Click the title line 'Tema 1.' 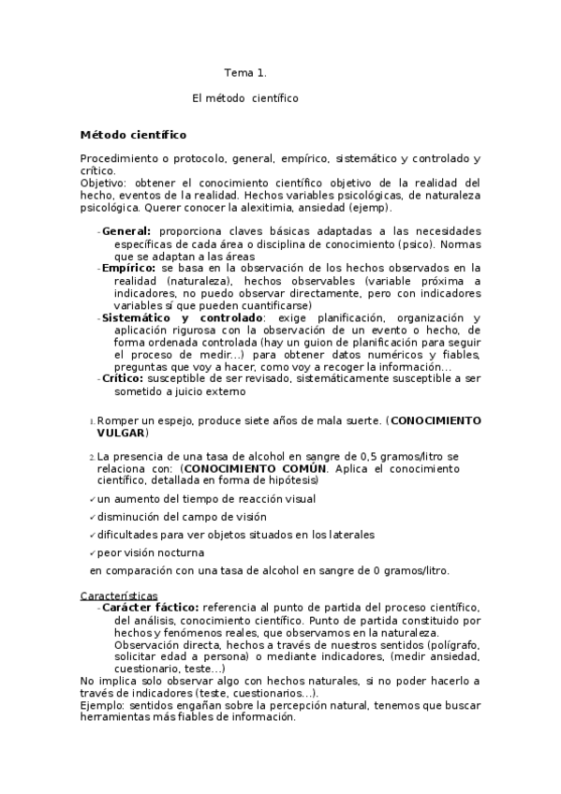(245, 72)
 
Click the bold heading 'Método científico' (133, 135)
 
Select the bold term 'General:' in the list (126, 231)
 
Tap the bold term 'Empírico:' (130, 268)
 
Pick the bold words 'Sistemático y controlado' (183, 317)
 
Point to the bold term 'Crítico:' (124, 378)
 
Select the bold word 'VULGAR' (121, 434)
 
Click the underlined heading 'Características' (119, 595)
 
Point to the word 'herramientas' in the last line (115, 717)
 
